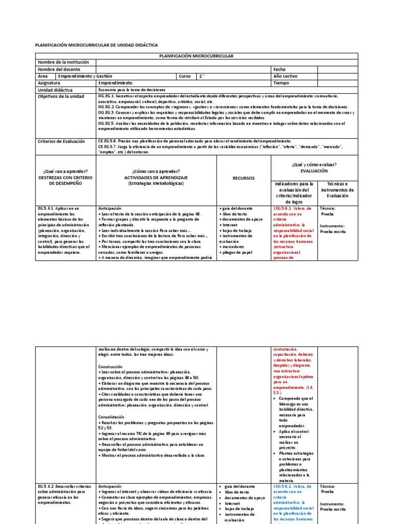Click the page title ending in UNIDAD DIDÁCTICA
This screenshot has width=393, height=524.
point(96,46)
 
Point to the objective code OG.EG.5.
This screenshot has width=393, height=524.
point(106,123)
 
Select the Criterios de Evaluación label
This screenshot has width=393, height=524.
point(61,141)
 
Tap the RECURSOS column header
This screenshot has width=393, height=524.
point(243,179)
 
